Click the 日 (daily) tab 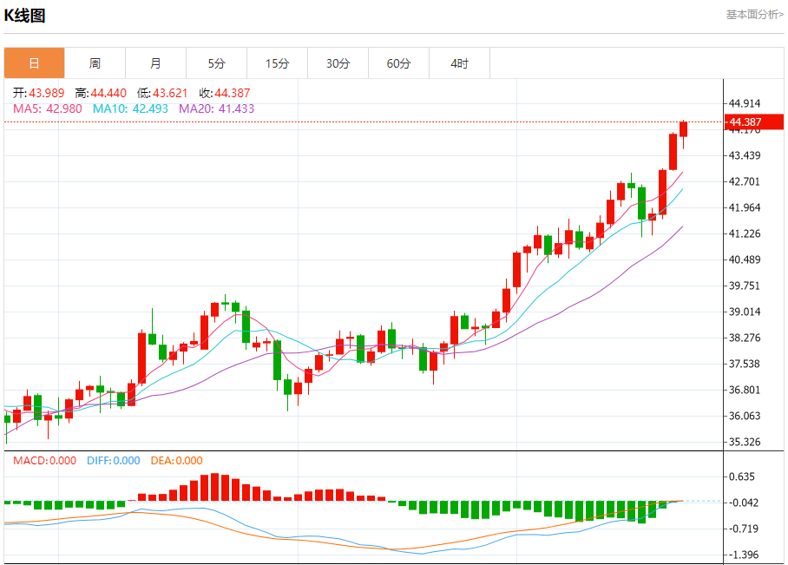click(34, 63)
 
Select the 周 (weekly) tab click(95, 63)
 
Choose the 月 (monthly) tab click(155, 63)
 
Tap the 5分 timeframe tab click(216, 63)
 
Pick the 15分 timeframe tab click(277, 63)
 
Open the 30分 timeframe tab click(338, 63)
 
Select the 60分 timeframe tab click(398, 63)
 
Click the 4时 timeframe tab click(459, 63)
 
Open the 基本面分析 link click(754, 15)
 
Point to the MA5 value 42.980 click(63, 108)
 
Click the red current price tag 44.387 click(746, 122)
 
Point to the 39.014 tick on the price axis click(745, 312)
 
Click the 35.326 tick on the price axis click(745, 442)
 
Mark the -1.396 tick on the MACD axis click(745, 555)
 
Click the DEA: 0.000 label click(177, 461)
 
